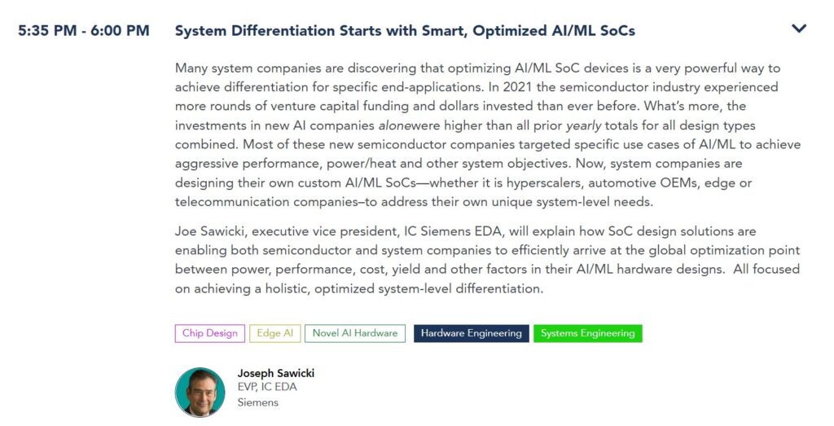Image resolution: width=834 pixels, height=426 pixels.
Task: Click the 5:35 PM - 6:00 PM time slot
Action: (84, 30)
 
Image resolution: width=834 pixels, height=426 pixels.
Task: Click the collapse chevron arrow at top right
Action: (799, 29)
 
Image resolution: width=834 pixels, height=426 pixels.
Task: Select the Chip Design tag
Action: (210, 333)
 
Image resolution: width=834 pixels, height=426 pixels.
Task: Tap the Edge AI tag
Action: (275, 333)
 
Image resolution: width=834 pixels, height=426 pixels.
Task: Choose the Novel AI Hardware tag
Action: (355, 333)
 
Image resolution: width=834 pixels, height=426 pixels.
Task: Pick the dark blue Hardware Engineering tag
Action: (472, 333)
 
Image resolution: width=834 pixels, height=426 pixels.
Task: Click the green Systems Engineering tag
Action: (588, 333)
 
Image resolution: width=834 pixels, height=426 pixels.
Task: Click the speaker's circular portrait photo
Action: (200, 392)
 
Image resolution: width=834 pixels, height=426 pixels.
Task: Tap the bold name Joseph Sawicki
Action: (275, 373)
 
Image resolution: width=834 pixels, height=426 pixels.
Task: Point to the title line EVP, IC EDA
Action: (267, 387)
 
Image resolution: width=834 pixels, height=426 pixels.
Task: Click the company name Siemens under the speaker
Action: (257, 402)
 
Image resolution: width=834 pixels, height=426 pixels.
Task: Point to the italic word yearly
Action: (583, 126)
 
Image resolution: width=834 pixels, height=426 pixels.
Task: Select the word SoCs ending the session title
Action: (617, 31)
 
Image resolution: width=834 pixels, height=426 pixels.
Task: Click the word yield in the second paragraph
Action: (406, 270)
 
